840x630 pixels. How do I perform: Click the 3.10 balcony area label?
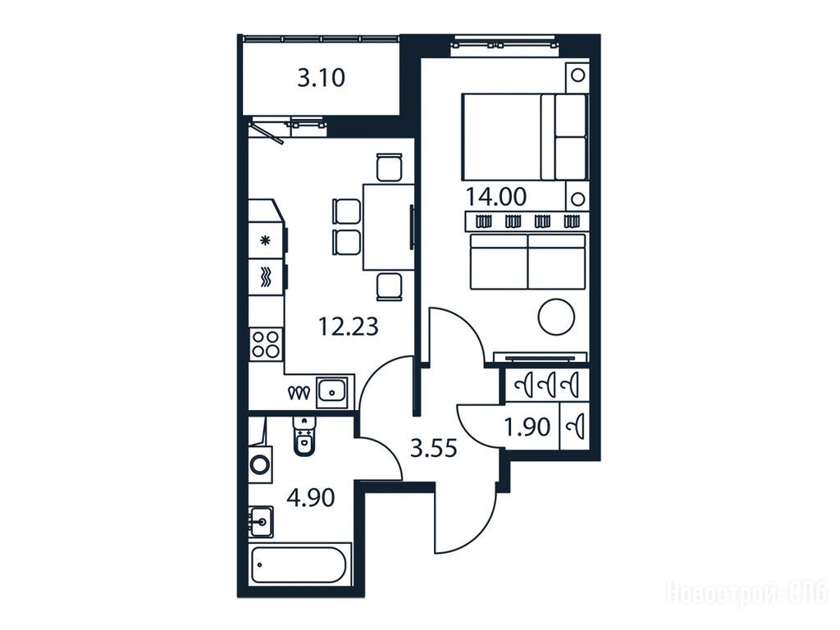tap(321, 79)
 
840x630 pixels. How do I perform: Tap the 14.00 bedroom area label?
tap(495, 197)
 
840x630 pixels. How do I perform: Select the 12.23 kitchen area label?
tap(348, 326)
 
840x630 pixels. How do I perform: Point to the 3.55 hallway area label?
tap(433, 448)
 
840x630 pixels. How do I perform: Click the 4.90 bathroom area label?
tap(311, 498)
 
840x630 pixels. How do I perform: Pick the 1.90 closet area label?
tap(527, 427)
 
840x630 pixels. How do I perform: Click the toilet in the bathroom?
tap(304, 436)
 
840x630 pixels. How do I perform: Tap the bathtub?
tap(299, 564)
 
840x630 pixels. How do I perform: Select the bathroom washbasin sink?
tap(261, 522)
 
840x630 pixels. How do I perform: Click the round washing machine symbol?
tap(262, 464)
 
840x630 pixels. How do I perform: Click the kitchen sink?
tap(332, 391)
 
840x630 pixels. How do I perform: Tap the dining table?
tap(388, 226)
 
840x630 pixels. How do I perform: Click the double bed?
tap(524, 137)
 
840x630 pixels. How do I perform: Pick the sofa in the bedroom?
tap(527, 262)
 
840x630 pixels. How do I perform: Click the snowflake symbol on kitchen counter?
tap(265, 240)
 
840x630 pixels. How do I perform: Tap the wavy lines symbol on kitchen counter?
tap(266, 277)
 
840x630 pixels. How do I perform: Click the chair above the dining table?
tap(389, 167)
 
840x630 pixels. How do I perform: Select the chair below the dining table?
tap(389, 286)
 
